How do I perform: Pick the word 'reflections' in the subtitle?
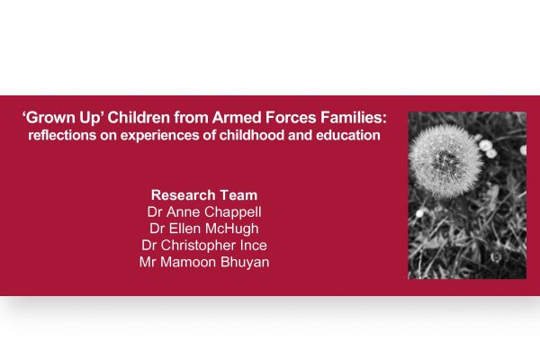[62, 135]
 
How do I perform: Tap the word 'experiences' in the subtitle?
[160, 136]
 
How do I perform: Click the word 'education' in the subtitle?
[347, 135]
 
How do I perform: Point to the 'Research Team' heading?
[204, 195]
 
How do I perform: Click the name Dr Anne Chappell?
[204, 212]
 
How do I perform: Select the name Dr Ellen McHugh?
[204, 229]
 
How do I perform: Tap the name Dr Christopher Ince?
[204, 246]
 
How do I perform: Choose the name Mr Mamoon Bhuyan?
[204, 262]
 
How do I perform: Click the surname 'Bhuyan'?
[245, 263]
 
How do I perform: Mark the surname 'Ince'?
[254, 246]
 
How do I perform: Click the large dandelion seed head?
[445, 161]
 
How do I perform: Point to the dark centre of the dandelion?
[445, 161]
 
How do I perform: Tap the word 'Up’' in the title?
[92, 119]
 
